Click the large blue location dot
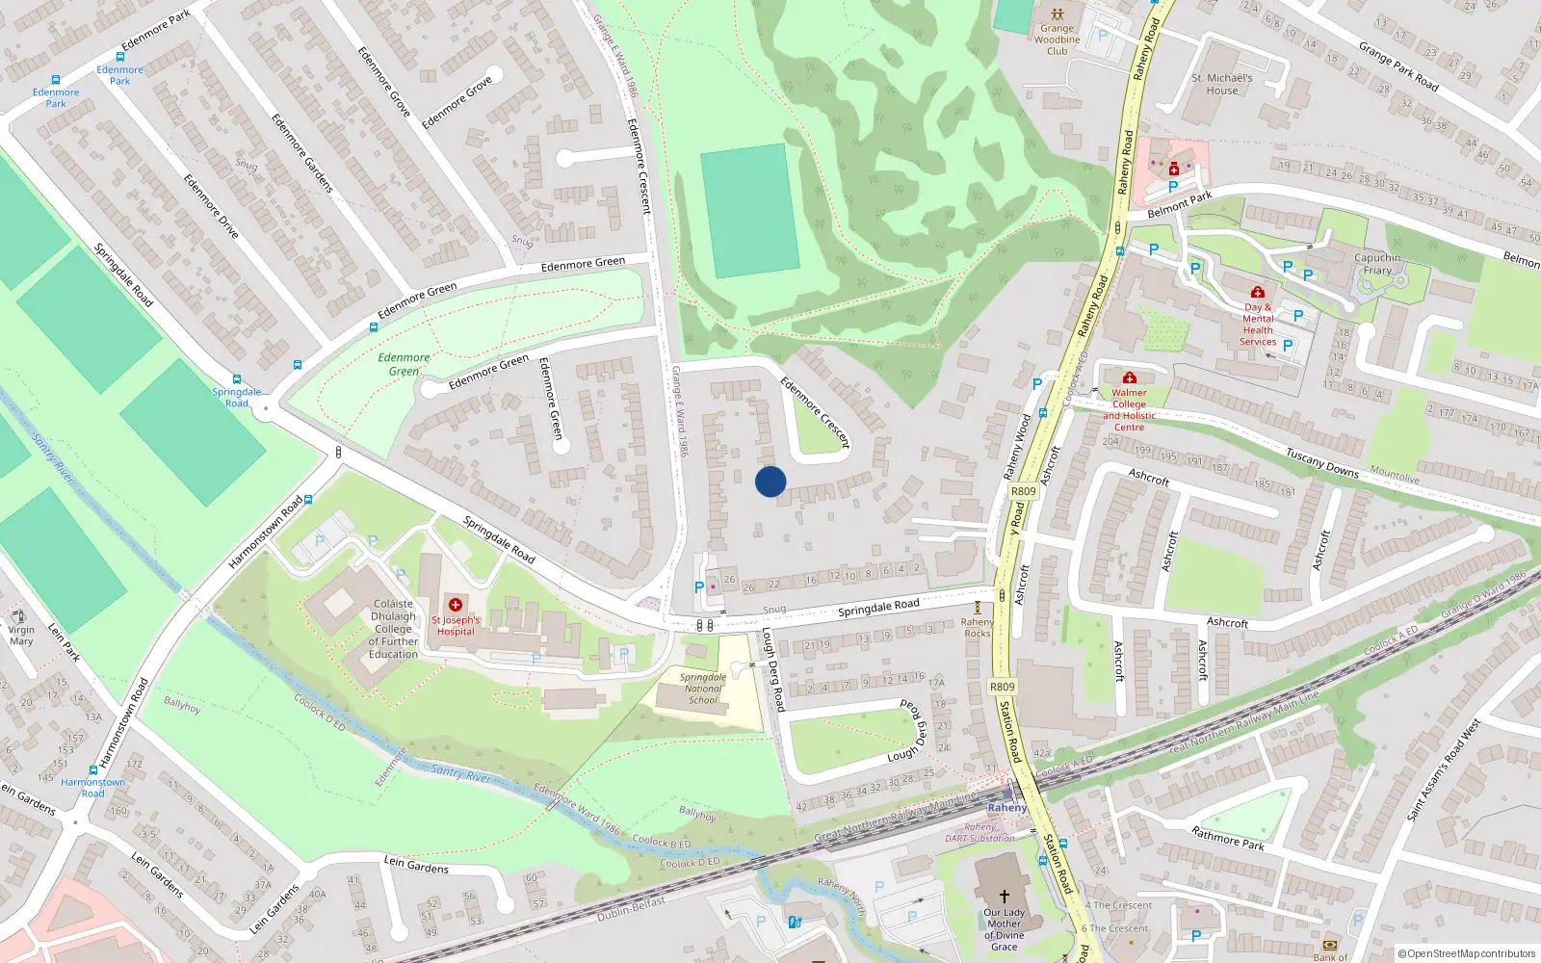click(x=770, y=481)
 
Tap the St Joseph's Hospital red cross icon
click(x=456, y=605)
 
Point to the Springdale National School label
click(x=703, y=689)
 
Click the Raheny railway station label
click(x=1007, y=808)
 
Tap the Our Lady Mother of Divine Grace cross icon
click(x=1004, y=896)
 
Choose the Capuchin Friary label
click(x=1377, y=264)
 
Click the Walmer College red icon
click(x=1130, y=377)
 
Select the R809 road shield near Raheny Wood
click(x=1024, y=491)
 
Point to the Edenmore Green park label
click(x=405, y=364)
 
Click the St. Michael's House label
click(x=1222, y=85)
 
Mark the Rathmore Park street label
click(x=1227, y=838)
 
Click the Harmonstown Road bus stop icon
click(x=93, y=770)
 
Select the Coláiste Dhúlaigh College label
click(x=393, y=629)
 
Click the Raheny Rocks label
click(x=978, y=628)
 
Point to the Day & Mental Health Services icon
click(x=1257, y=292)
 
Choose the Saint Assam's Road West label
click(x=1443, y=770)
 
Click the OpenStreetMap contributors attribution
click(x=1466, y=953)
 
